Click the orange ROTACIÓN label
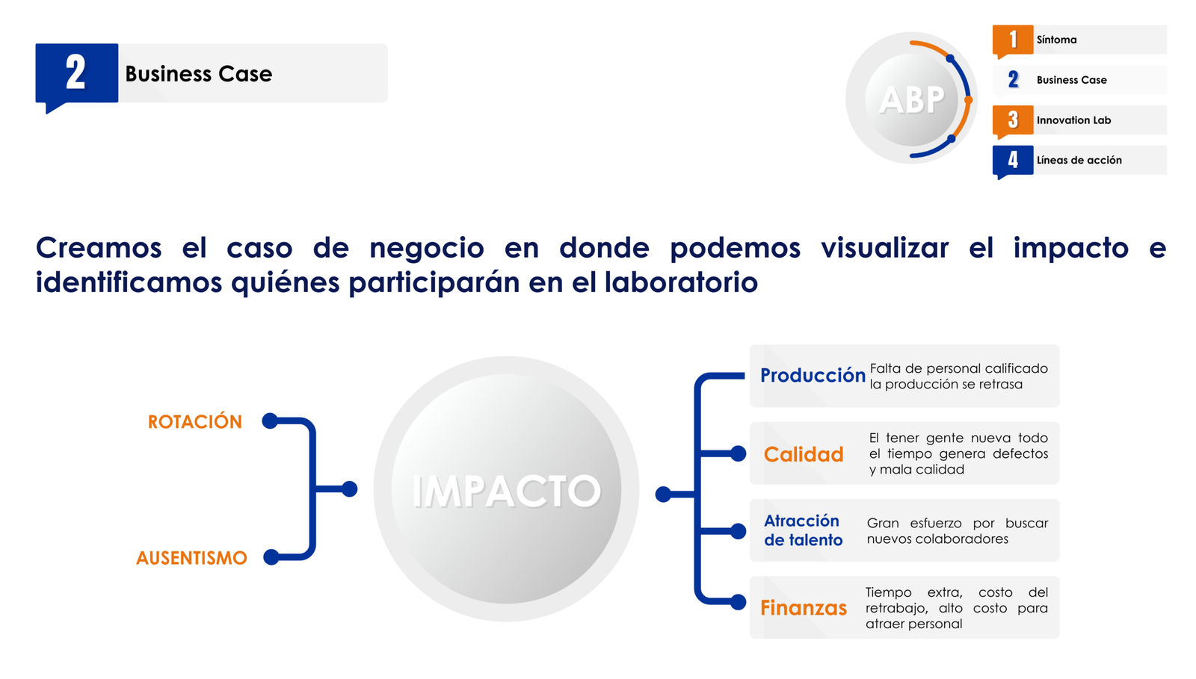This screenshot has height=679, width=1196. point(195,421)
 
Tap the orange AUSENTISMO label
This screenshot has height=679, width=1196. point(191,558)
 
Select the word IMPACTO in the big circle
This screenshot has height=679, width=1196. point(506,492)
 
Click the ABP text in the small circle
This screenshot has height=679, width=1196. point(912,100)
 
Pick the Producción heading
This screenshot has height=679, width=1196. point(813,376)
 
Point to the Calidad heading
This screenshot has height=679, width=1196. point(804,454)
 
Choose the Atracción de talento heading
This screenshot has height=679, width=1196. point(803,530)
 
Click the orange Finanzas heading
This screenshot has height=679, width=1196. point(804,608)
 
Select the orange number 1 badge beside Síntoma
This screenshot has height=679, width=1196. point(1013,40)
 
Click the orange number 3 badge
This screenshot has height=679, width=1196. point(1013,120)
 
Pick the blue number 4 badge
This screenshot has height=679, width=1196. point(1013,161)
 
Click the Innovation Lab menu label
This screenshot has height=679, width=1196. point(1073,120)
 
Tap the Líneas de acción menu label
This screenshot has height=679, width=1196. point(1079,160)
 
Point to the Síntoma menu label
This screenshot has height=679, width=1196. point(1057,40)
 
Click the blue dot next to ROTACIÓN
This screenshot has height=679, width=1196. point(270,421)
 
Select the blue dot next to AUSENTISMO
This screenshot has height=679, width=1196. point(271,556)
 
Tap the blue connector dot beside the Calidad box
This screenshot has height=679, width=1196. point(738,454)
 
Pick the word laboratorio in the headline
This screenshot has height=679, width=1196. point(681,282)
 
